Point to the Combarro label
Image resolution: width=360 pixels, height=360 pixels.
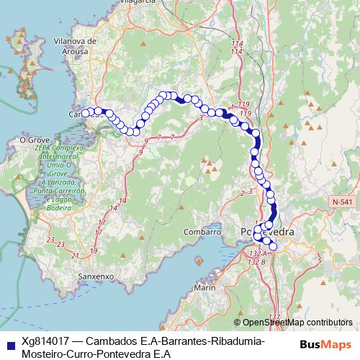tap(202, 233)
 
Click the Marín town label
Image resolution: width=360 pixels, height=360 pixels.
tap(204, 288)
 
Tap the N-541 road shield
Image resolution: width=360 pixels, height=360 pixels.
tap(342, 204)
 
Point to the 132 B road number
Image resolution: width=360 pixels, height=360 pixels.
tap(253, 261)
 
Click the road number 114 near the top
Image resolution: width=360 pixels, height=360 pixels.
tap(237, 45)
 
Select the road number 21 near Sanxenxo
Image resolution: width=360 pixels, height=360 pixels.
tap(76, 255)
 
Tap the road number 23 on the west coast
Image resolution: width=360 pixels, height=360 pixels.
tap(50, 240)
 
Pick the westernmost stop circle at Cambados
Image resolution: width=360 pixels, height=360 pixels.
tap(85, 112)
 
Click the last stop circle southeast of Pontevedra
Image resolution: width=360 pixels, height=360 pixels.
tap(272, 247)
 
